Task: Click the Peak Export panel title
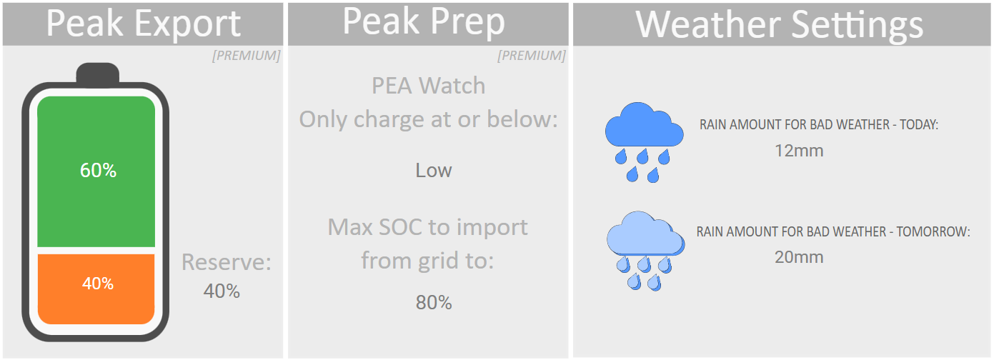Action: [144, 24]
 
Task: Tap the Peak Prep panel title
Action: [424, 21]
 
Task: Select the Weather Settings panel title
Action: [780, 25]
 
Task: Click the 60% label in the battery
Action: [98, 170]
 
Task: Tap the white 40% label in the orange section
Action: [98, 284]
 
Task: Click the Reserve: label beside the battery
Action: [227, 262]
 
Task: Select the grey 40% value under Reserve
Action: [222, 291]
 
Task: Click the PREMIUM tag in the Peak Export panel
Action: [247, 56]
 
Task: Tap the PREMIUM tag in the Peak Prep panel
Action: [532, 56]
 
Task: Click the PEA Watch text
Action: [428, 86]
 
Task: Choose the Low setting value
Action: [434, 170]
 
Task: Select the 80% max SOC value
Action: [434, 302]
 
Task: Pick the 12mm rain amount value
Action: [799, 151]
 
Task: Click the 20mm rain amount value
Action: [799, 257]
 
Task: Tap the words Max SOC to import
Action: [428, 227]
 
